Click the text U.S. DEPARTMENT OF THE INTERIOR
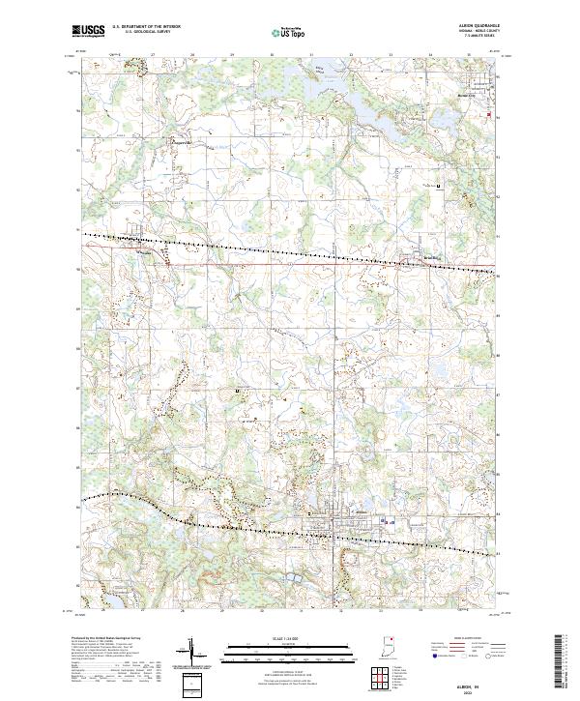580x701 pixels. (146, 27)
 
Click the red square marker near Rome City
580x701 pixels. (488, 116)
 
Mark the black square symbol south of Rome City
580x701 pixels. (441, 185)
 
